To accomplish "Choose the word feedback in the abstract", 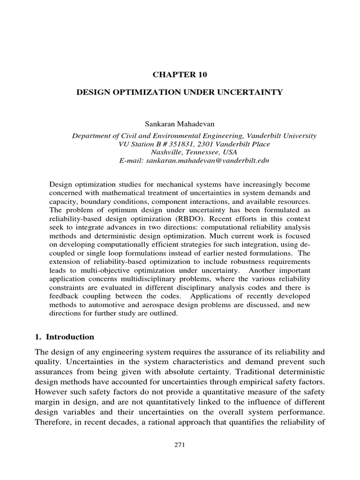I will tap(64, 298).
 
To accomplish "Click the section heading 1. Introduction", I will tap(72, 337).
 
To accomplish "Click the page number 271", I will tap(180, 446).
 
